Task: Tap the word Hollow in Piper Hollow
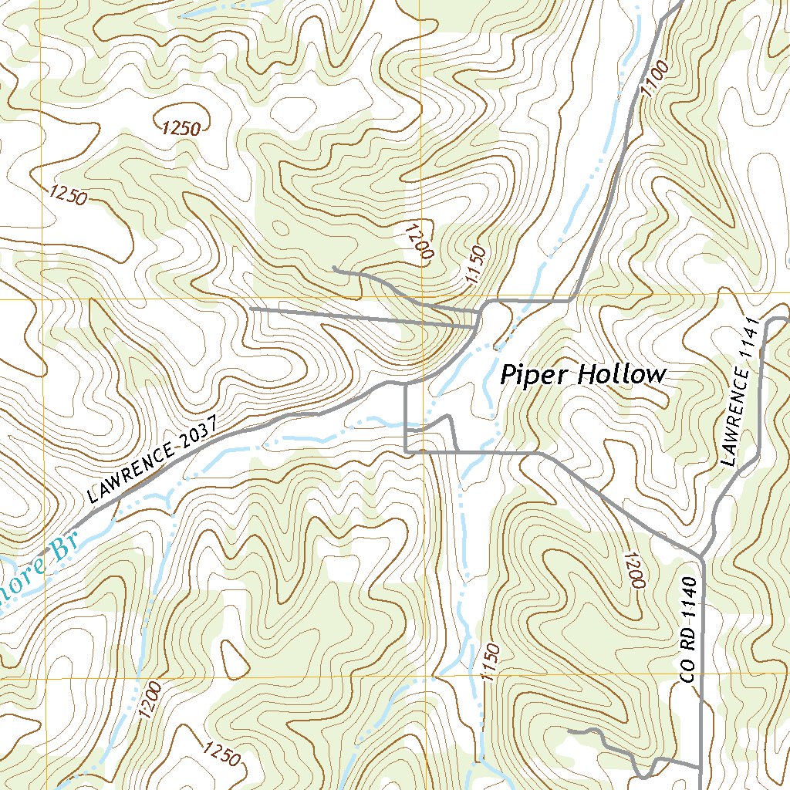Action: tap(622, 375)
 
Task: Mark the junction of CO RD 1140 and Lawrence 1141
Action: tap(702, 555)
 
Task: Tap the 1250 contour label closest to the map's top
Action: tap(181, 128)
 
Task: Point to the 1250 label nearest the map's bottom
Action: tap(224, 752)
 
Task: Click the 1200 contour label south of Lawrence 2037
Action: tap(151, 700)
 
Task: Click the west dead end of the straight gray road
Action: tap(251, 309)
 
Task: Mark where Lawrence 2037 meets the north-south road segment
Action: tap(406, 383)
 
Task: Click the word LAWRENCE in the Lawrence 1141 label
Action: tap(737, 418)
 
